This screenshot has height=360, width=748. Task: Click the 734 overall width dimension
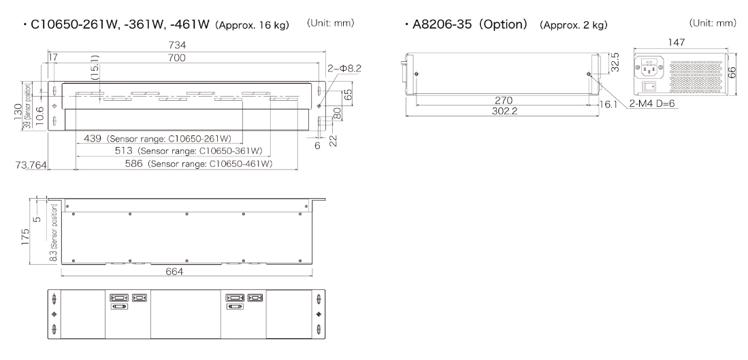coord(177,46)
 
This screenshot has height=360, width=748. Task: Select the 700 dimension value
coord(176,58)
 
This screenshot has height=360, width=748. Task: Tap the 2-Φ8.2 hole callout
coord(344,69)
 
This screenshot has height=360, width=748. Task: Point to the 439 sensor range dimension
coord(93,138)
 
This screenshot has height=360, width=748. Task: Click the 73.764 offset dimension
coord(31,165)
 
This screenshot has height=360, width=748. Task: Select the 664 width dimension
coord(174,272)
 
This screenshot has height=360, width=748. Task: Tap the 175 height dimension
coord(25,237)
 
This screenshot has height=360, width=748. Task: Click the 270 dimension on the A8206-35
coord(504,100)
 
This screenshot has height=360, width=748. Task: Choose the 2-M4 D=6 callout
coord(651,103)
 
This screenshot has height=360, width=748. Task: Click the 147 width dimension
coord(677,42)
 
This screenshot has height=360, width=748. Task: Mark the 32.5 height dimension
coord(615,63)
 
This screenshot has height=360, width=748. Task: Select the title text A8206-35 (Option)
coord(470,24)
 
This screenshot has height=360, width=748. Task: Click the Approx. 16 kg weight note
coord(252,25)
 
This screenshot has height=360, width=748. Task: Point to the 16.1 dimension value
coord(608,104)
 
